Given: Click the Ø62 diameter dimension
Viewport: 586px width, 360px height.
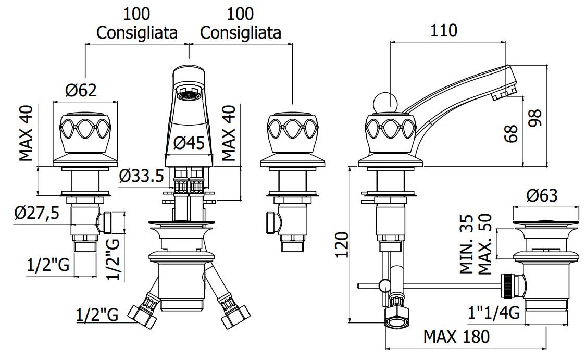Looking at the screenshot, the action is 81,91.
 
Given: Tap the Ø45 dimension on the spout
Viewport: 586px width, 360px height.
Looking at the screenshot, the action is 190,142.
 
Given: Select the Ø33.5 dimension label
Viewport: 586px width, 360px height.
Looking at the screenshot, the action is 142,176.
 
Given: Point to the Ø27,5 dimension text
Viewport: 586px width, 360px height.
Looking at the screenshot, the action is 36,214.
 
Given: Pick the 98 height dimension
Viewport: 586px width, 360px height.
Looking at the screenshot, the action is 535,118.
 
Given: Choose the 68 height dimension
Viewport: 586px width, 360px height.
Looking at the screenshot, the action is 511,133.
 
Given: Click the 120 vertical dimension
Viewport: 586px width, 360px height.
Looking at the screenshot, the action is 342,244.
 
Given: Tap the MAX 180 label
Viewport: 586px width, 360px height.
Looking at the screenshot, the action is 456,337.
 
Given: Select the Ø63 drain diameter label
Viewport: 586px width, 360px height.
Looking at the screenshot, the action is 542,195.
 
